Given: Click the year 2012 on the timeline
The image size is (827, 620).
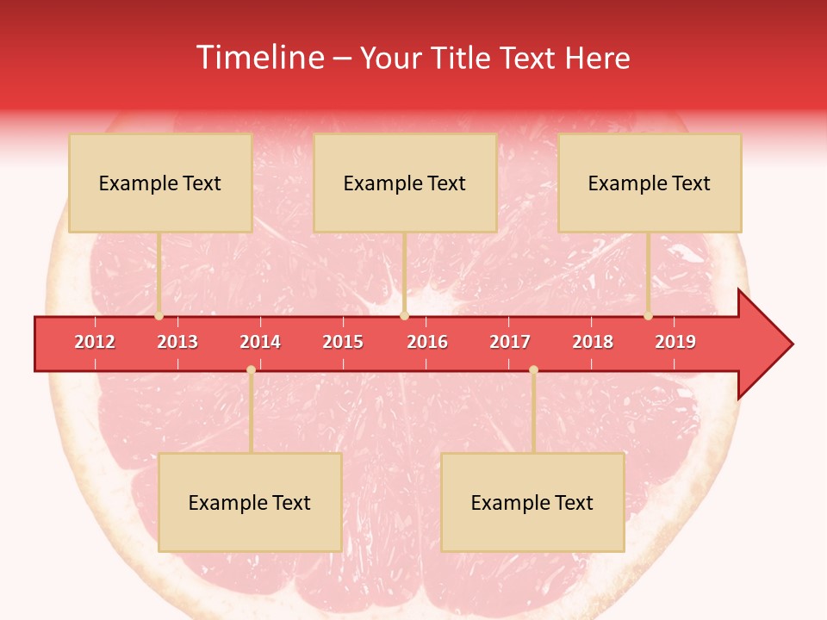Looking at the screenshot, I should pyautogui.click(x=95, y=342).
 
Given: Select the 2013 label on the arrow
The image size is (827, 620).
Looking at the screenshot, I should pyautogui.click(x=177, y=342).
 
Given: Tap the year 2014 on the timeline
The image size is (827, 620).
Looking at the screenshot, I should pyautogui.click(x=260, y=342).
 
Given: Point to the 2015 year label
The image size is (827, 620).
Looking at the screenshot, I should pyautogui.click(x=343, y=342).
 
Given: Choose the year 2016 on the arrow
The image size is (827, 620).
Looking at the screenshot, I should pyautogui.click(x=427, y=342).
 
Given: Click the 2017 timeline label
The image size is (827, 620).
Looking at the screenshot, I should pyautogui.click(x=510, y=342).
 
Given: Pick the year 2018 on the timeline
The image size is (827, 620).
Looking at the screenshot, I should pyautogui.click(x=593, y=342).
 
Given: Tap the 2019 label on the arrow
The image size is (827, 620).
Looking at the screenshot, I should pyautogui.click(x=675, y=342).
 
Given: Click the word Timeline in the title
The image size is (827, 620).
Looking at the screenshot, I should pyautogui.click(x=258, y=58).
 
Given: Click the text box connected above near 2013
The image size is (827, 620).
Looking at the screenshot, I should pyautogui.click(x=160, y=183).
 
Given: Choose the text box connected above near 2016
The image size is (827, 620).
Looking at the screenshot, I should pyautogui.click(x=405, y=183).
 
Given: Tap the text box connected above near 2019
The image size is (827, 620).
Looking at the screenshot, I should pyautogui.click(x=650, y=183).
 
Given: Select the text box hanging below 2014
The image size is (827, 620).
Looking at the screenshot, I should pyautogui.click(x=250, y=502).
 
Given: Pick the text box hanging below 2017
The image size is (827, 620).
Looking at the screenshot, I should pyautogui.click(x=532, y=502).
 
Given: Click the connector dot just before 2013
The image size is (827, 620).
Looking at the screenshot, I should pyautogui.click(x=159, y=316).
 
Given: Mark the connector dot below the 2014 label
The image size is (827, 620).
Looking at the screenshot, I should pyautogui.click(x=251, y=369).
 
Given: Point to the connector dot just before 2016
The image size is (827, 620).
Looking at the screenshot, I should pyautogui.click(x=404, y=316).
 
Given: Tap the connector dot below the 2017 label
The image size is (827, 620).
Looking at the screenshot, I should pyautogui.click(x=533, y=369).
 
